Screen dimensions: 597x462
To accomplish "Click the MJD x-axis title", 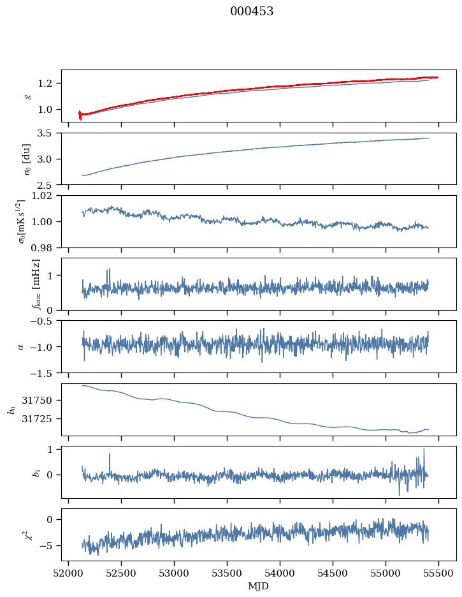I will point(259,586).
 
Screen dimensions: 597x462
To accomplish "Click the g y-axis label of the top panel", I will point(27,96).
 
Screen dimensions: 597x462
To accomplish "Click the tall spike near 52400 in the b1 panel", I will point(110,455).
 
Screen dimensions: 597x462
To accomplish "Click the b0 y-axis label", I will point(11,409).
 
